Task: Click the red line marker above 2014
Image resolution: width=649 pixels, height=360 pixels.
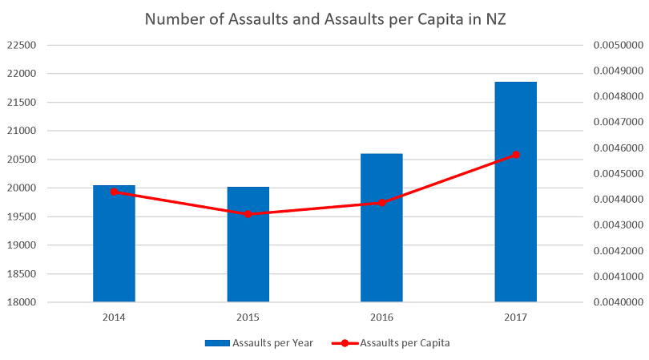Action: pos(114,192)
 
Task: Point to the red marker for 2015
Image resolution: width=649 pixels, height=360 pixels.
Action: pos(248,214)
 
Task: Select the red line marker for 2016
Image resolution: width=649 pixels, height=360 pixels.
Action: pos(381,202)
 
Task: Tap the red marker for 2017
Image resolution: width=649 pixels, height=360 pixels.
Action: pos(516,155)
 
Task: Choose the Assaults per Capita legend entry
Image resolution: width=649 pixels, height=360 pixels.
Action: pos(397,343)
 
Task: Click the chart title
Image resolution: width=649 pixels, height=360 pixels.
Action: pos(324,18)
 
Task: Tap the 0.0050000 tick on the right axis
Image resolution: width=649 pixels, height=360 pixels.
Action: pos(615,46)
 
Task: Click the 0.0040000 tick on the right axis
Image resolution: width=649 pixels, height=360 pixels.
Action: pos(615,302)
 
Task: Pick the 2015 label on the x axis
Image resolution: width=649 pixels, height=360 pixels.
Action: pos(248,317)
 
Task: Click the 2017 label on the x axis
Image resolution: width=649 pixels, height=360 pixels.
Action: pos(515,317)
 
